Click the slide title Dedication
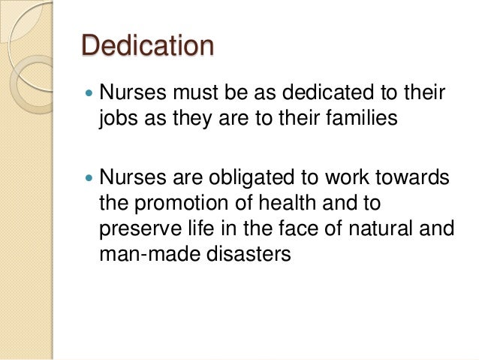pyautogui.click(x=147, y=46)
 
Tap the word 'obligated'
pyautogui.click(x=268, y=180)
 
